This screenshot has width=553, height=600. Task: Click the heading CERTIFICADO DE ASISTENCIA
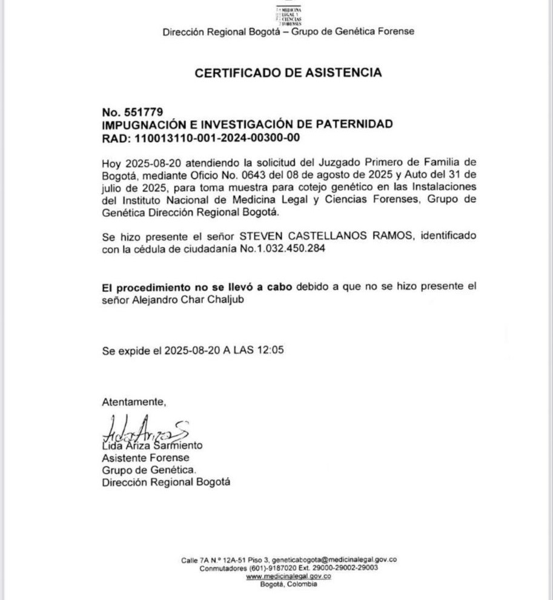(288, 73)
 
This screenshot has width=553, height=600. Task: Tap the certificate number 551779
(143, 112)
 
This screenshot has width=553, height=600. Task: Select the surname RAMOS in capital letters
(378, 235)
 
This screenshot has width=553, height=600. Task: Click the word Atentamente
(133, 401)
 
